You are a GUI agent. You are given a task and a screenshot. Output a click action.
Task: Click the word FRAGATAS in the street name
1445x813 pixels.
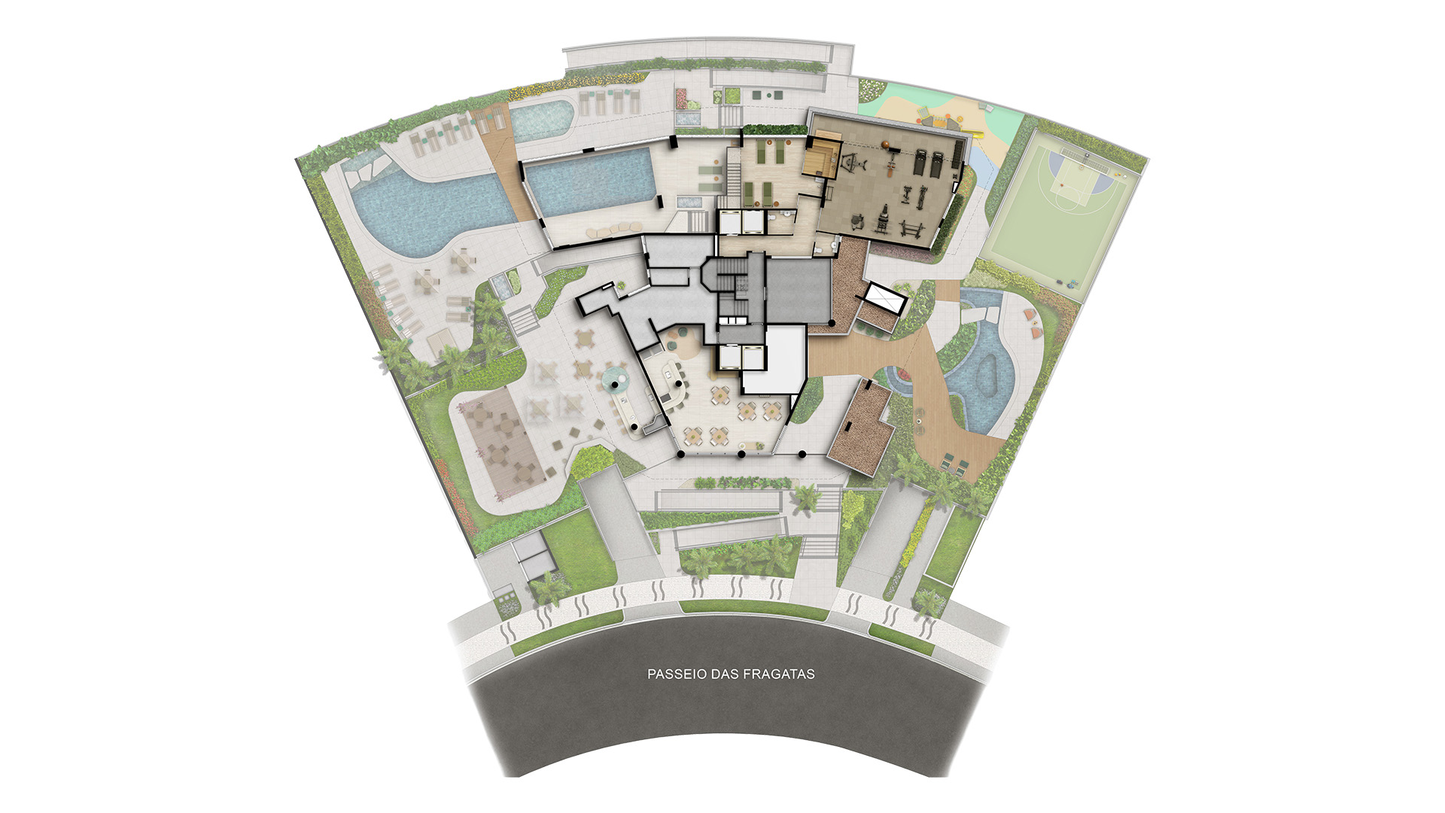pos(778,674)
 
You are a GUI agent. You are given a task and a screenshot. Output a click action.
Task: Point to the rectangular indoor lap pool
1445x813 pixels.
pos(589,181)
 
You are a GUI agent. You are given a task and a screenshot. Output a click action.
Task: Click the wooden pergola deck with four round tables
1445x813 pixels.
pos(501,441)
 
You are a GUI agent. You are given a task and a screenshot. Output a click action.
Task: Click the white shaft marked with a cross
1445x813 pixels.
pos(884,298)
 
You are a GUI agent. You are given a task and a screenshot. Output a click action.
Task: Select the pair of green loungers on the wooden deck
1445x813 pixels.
pos(952,462)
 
